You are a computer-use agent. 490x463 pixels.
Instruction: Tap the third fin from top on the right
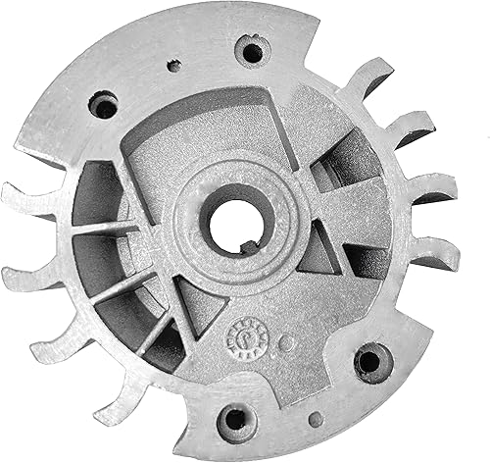(431, 187)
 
